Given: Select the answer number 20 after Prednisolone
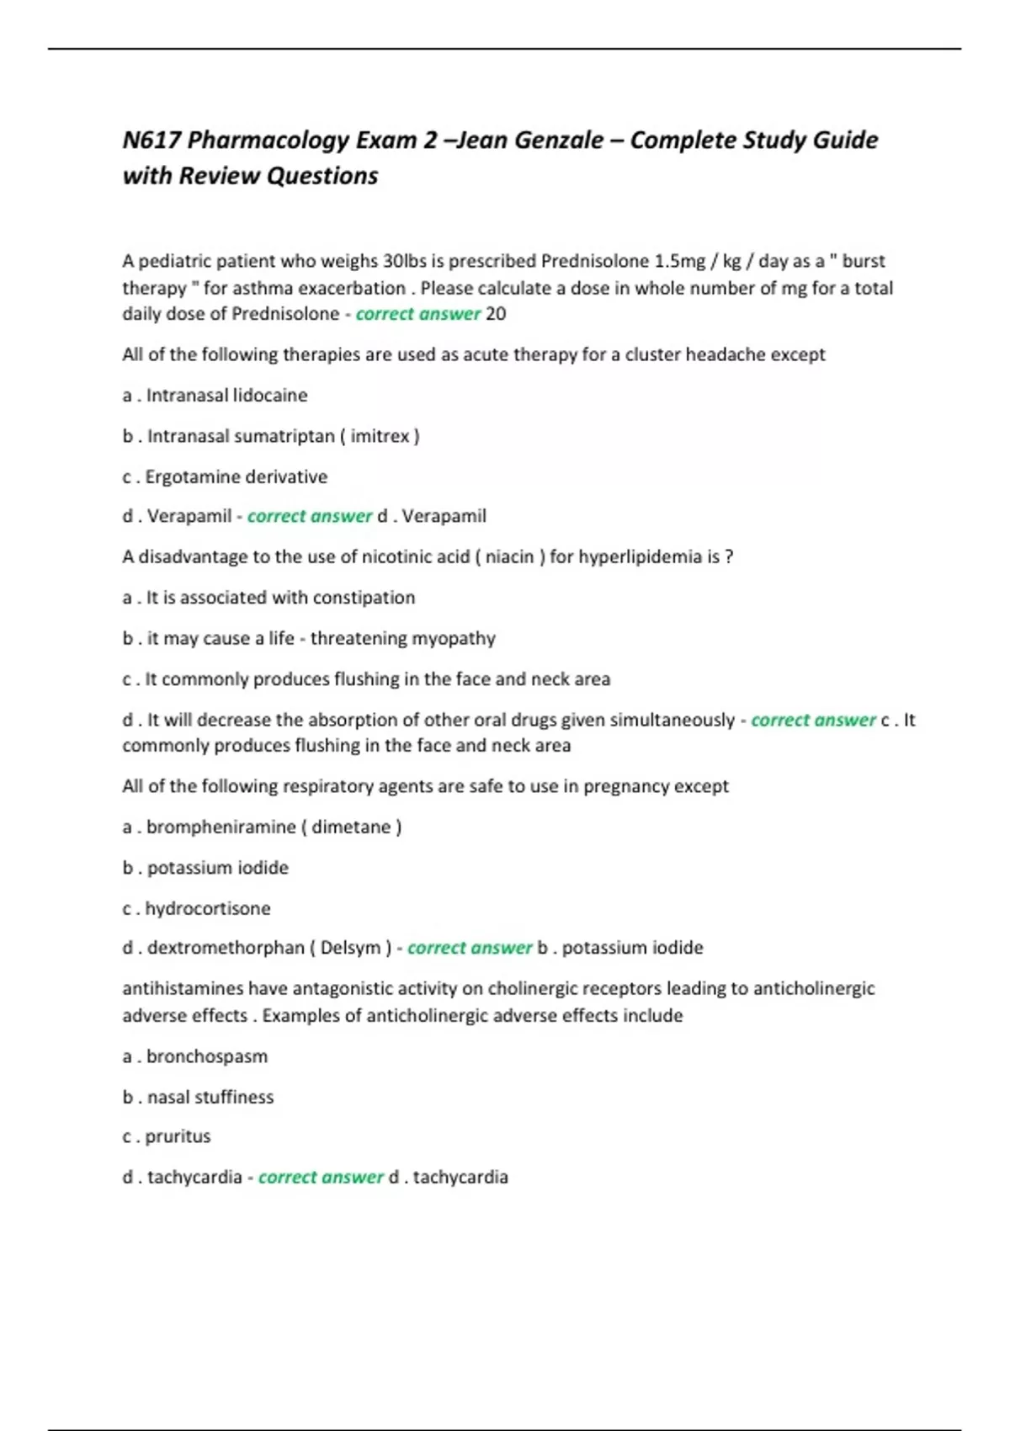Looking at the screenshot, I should click(x=496, y=314).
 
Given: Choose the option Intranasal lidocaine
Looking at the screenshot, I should click(x=226, y=396).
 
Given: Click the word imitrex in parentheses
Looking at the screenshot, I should click(x=380, y=436).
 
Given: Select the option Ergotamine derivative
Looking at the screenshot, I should click(x=236, y=476).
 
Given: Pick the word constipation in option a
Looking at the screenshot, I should click(x=364, y=598).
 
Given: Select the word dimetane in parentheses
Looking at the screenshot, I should click(x=351, y=827).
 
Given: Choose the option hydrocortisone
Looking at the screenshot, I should click(x=208, y=908).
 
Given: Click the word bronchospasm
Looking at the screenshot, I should click(x=207, y=1056).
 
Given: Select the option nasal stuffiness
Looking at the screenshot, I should click(x=210, y=1097).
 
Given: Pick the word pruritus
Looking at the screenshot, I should click(x=178, y=1136).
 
